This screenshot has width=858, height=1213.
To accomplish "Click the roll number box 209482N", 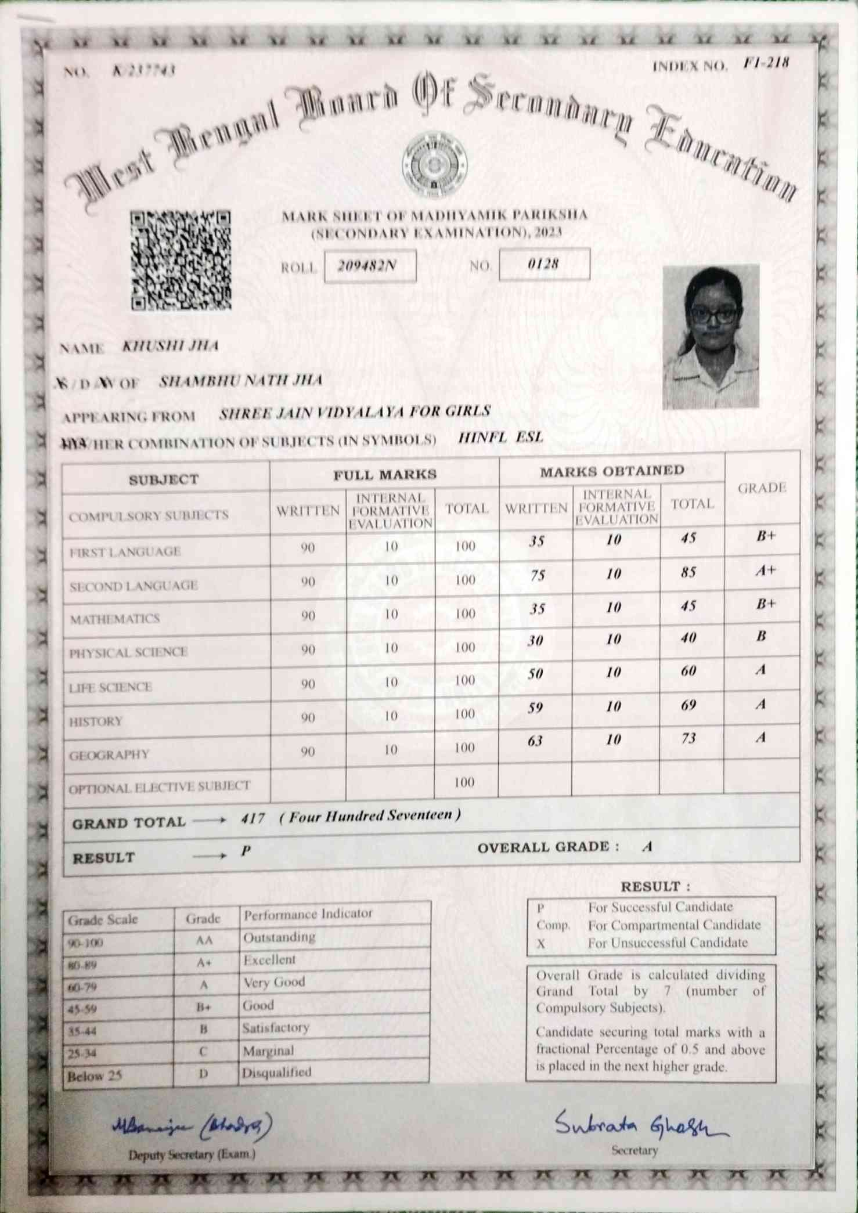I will click(x=370, y=266).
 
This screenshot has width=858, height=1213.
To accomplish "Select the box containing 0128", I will click(x=544, y=263).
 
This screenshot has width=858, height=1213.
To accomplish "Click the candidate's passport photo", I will click(x=711, y=336).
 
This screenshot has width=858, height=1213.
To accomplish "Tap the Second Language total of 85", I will click(x=688, y=573).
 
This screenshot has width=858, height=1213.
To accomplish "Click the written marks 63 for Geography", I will click(x=535, y=740).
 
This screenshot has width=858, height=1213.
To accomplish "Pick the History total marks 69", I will click(x=688, y=705).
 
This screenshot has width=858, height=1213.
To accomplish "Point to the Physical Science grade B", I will click(x=761, y=637).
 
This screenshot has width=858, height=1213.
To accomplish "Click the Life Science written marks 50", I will click(x=535, y=673).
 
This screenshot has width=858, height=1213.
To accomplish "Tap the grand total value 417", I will click(x=253, y=819).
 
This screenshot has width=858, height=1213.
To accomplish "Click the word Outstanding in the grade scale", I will click(x=279, y=937).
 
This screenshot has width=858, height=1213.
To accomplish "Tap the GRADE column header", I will click(x=762, y=488).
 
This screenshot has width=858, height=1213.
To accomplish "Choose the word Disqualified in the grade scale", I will click(x=277, y=1072).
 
